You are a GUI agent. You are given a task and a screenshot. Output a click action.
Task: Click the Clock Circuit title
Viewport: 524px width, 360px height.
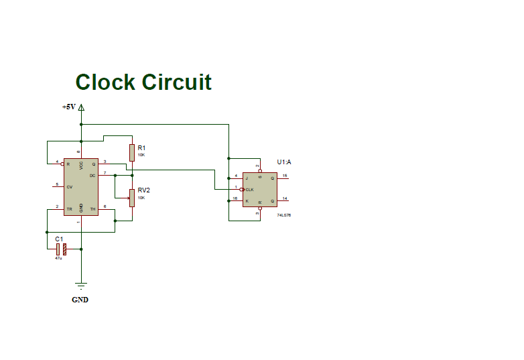pyautogui.click(x=143, y=82)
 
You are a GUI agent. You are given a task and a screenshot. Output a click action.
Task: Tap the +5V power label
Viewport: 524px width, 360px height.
pyautogui.click(x=69, y=107)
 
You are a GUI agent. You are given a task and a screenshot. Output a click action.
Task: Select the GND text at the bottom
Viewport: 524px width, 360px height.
pyautogui.click(x=80, y=300)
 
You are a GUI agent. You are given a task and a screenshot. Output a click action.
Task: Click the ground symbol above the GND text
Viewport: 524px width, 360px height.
pyautogui.click(x=81, y=286)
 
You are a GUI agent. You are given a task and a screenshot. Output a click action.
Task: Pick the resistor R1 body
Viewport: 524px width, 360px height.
pyautogui.click(x=133, y=152)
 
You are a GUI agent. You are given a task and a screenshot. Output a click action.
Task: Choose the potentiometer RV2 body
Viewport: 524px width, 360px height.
pyautogui.click(x=133, y=197)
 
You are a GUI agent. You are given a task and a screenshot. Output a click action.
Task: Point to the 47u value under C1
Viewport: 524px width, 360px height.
pyautogui.click(x=58, y=258)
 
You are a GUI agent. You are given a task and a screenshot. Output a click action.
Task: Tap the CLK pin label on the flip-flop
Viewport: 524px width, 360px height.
pyautogui.click(x=249, y=190)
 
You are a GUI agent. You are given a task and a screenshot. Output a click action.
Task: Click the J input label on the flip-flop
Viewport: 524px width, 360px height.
pyautogui.click(x=247, y=178)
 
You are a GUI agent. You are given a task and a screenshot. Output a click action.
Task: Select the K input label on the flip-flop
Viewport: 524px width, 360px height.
pyautogui.click(x=247, y=201)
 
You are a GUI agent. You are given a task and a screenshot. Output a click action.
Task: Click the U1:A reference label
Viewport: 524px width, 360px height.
pyautogui.click(x=284, y=162)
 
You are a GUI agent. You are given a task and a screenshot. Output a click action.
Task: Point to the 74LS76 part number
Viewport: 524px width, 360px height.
pyautogui.click(x=284, y=215)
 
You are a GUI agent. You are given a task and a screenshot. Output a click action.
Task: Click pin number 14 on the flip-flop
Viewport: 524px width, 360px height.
pyautogui.click(x=284, y=198)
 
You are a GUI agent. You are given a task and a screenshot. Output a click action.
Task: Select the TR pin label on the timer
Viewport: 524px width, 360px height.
pyautogui.click(x=69, y=210)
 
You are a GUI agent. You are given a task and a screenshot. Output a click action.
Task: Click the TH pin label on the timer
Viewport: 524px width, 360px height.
pyautogui.click(x=93, y=210)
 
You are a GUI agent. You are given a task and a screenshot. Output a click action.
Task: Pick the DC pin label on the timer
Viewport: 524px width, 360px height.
pyautogui.click(x=93, y=175)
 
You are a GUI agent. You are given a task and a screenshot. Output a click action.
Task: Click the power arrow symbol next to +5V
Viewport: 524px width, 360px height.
pyautogui.click(x=81, y=107)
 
